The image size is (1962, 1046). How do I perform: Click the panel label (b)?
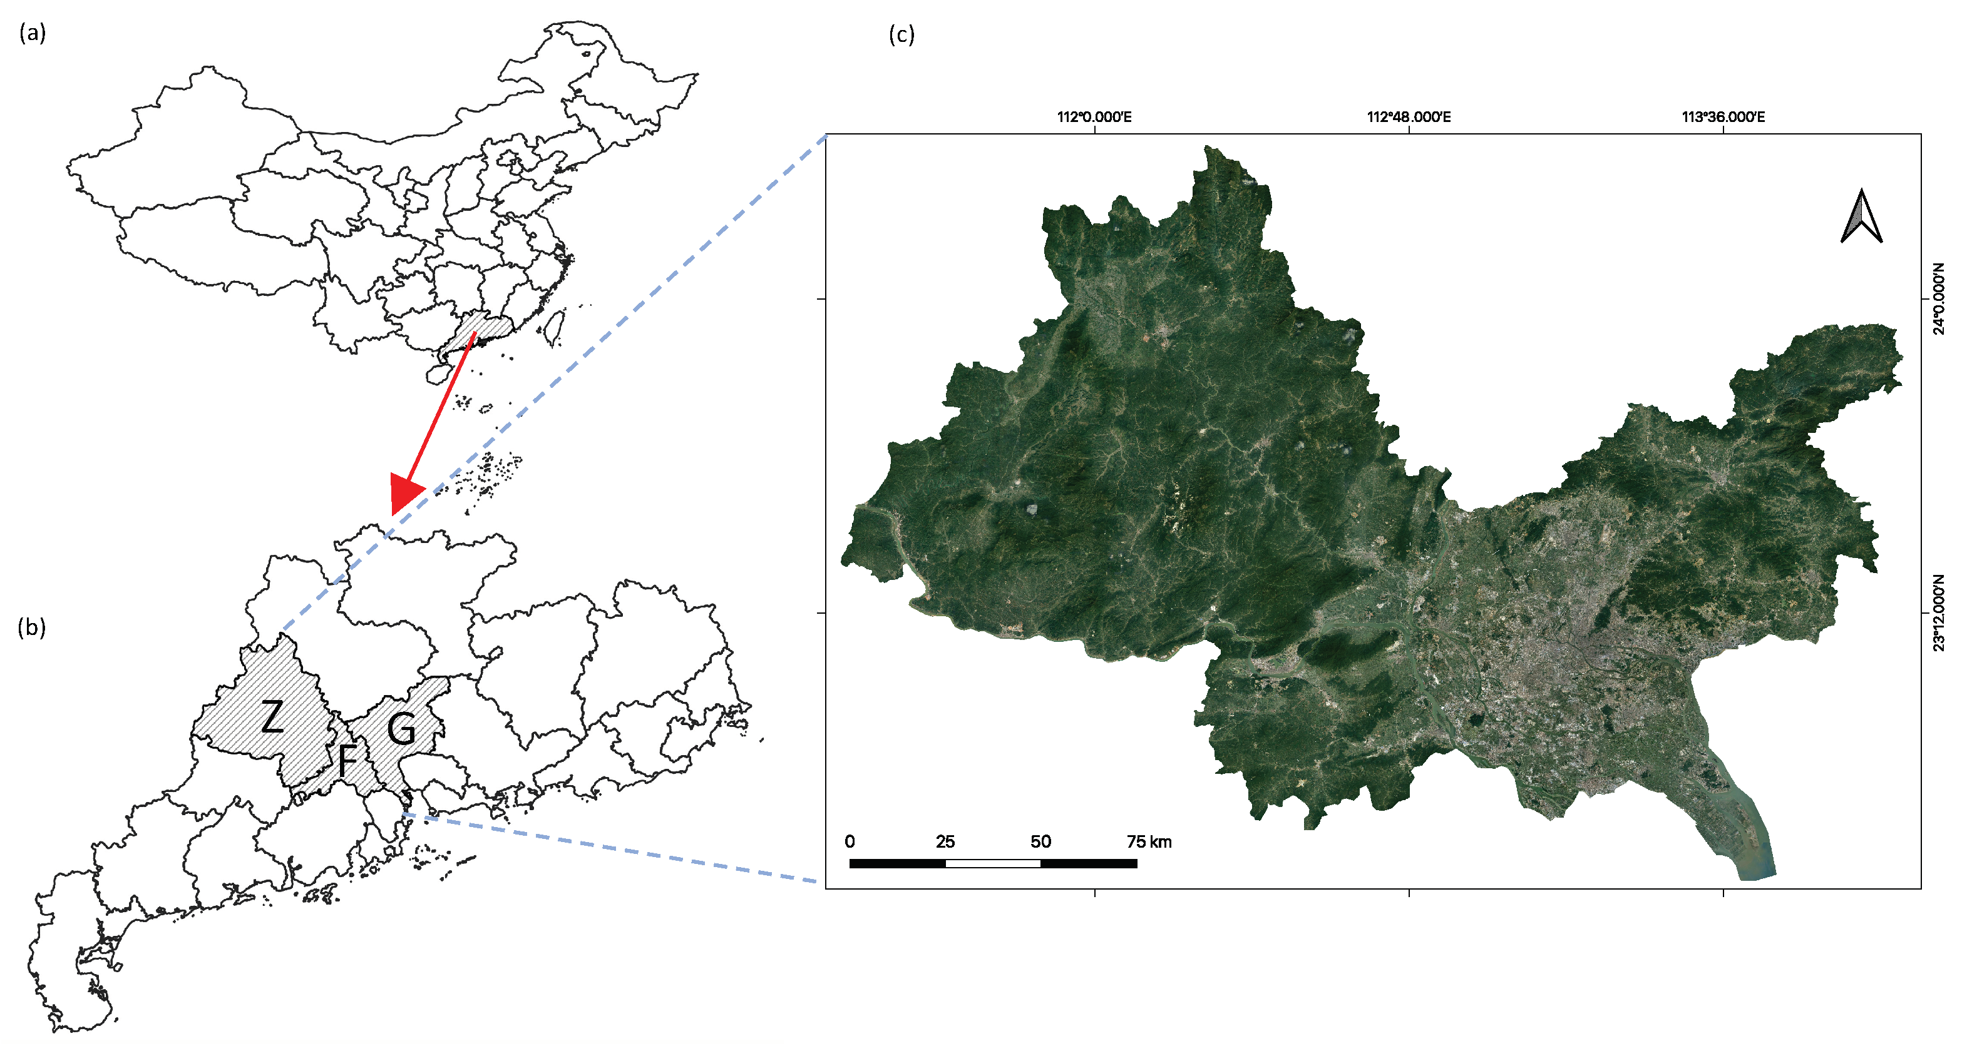[32, 627]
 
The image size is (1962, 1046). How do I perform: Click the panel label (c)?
[901, 34]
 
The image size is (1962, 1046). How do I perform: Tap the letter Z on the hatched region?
[272, 716]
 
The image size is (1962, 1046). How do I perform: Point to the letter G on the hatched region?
[401, 729]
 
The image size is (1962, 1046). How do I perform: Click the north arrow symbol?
[1861, 217]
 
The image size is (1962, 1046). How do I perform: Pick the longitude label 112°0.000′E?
[1094, 116]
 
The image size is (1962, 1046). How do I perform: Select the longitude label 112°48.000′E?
[1409, 116]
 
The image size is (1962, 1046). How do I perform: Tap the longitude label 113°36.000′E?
[1723, 116]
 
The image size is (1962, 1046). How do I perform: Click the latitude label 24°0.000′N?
[1938, 298]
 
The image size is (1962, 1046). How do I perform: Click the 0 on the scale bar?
[850, 841]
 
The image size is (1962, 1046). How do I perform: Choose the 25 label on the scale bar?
[945, 841]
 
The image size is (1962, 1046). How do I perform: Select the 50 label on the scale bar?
[1040, 841]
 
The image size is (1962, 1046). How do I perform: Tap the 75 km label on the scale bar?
[1149, 841]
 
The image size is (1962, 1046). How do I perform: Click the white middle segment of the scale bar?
[992, 863]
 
